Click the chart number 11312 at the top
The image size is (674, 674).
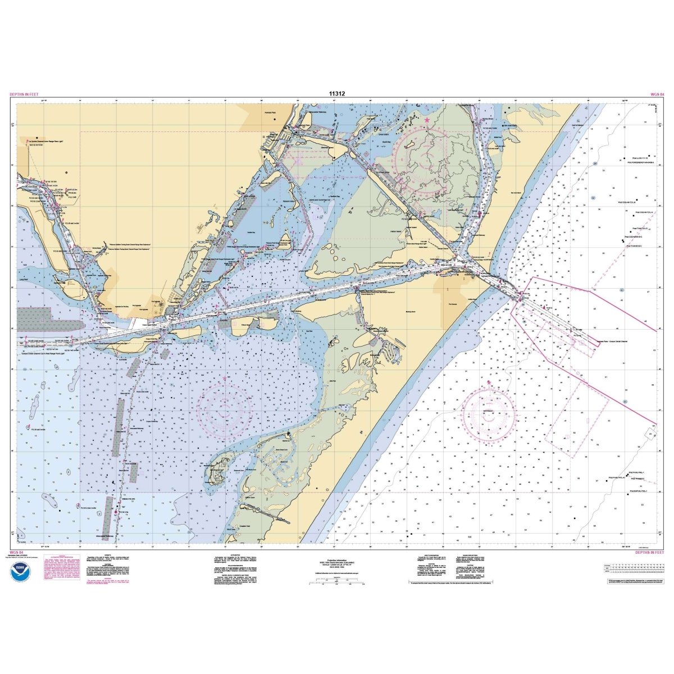[x=336, y=94]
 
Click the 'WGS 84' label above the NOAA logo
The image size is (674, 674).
[x=17, y=553]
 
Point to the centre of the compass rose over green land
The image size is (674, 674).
[x=427, y=157]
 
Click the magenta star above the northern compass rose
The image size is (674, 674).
[x=427, y=120]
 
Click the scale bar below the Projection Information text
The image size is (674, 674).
[x=336, y=584]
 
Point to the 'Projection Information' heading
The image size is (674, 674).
[x=336, y=560]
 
